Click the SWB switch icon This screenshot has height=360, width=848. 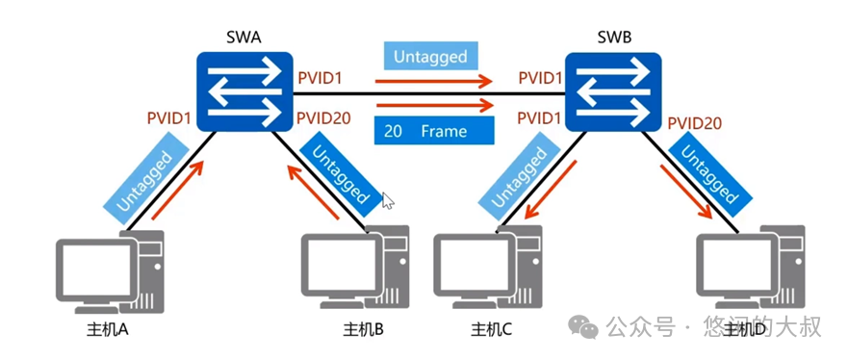[x=613, y=91]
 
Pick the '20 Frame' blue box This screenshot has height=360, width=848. [x=434, y=131]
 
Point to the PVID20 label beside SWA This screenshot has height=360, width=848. [x=323, y=117]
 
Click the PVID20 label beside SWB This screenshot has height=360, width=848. [x=694, y=123]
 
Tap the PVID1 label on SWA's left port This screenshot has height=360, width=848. [x=168, y=117]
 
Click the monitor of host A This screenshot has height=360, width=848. [x=96, y=270]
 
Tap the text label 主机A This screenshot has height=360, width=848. [x=108, y=329]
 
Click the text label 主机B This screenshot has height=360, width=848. [x=364, y=329]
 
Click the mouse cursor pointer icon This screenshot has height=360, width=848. [x=387, y=200]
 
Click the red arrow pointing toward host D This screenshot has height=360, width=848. [x=685, y=192]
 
